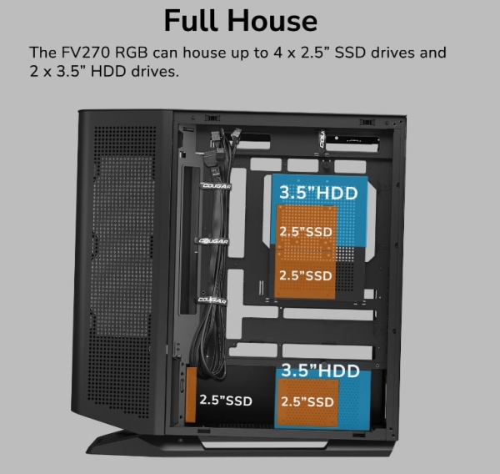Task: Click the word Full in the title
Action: pyautogui.click(x=194, y=19)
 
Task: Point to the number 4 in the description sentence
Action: pyautogui.click(x=273, y=53)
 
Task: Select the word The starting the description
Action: pyautogui.click(x=42, y=53)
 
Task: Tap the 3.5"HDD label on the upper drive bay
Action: pyautogui.click(x=317, y=193)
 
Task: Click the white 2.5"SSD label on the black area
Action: pyautogui.click(x=226, y=400)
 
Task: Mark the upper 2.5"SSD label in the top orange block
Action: pyautogui.click(x=306, y=229)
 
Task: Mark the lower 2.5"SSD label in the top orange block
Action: pyautogui.click(x=306, y=275)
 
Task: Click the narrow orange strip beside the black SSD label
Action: pyautogui.click(x=190, y=399)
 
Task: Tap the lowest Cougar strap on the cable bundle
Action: pyautogui.click(x=212, y=300)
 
